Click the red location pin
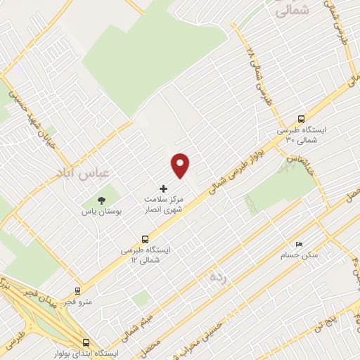click(181, 165)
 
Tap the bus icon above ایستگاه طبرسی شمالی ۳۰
click(302, 119)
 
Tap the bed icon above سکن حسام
click(300, 244)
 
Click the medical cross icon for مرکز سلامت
click(164, 188)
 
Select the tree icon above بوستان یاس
click(101, 200)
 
